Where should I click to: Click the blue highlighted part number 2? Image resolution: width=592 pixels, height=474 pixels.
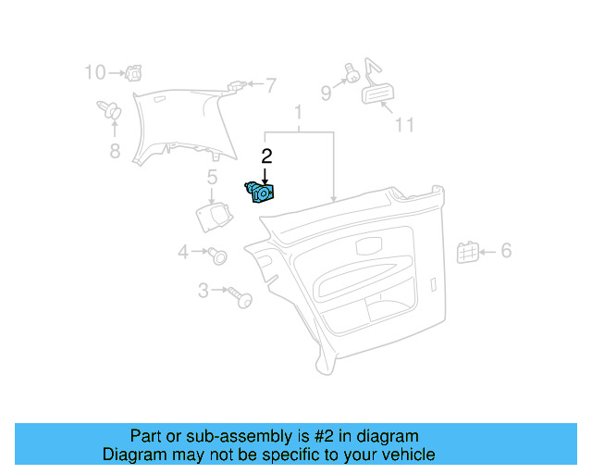[260, 193]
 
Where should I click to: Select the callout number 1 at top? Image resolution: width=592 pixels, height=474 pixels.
[298, 114]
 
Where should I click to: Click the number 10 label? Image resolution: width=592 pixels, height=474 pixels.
[95, 72]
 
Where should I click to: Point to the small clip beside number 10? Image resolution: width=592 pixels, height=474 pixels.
[134, 71]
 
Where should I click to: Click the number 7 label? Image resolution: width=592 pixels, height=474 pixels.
[270, 86]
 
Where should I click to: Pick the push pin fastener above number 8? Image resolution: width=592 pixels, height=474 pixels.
[110, 113]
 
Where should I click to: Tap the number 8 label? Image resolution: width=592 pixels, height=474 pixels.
[115, 151]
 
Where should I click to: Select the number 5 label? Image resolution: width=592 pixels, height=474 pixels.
[212, 177]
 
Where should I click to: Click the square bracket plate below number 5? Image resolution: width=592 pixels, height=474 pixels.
[215, 215]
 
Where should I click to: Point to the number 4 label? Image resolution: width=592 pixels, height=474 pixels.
[183, 252]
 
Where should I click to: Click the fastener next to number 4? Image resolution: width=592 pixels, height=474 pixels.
[219, 254]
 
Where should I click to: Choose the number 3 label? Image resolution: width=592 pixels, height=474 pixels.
[203, 291]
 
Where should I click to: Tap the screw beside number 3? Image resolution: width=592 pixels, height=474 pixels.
[242, 298]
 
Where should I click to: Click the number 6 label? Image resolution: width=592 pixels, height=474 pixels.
[506, 251]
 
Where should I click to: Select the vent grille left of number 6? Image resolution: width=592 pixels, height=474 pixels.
[467, 251]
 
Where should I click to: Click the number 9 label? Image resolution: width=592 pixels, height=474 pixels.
[326, 92]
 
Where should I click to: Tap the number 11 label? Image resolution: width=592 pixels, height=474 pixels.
[404, 124]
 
